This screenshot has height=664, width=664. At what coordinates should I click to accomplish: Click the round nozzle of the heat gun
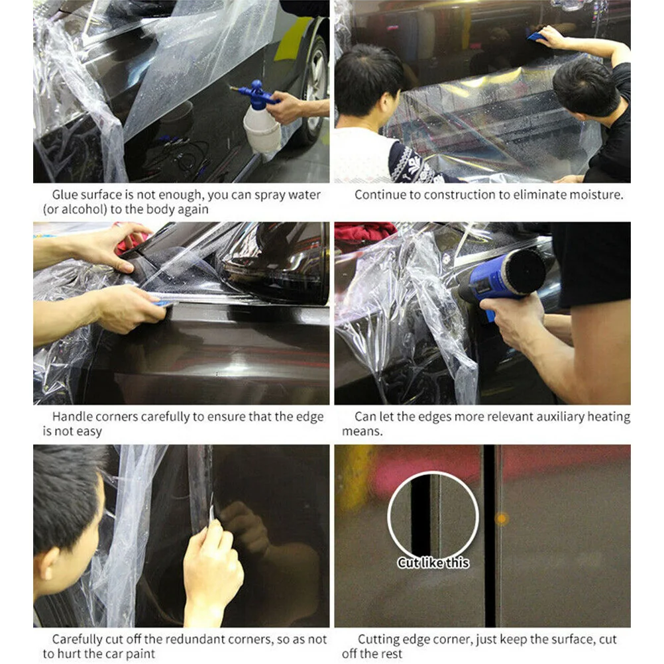(x=527, y=270)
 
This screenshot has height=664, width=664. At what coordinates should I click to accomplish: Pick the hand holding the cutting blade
(x=212, y=563)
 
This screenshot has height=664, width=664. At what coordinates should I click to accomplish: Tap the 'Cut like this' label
(x=433, y=563)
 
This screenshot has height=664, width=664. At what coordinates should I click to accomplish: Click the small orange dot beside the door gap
(x=502, y=519)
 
